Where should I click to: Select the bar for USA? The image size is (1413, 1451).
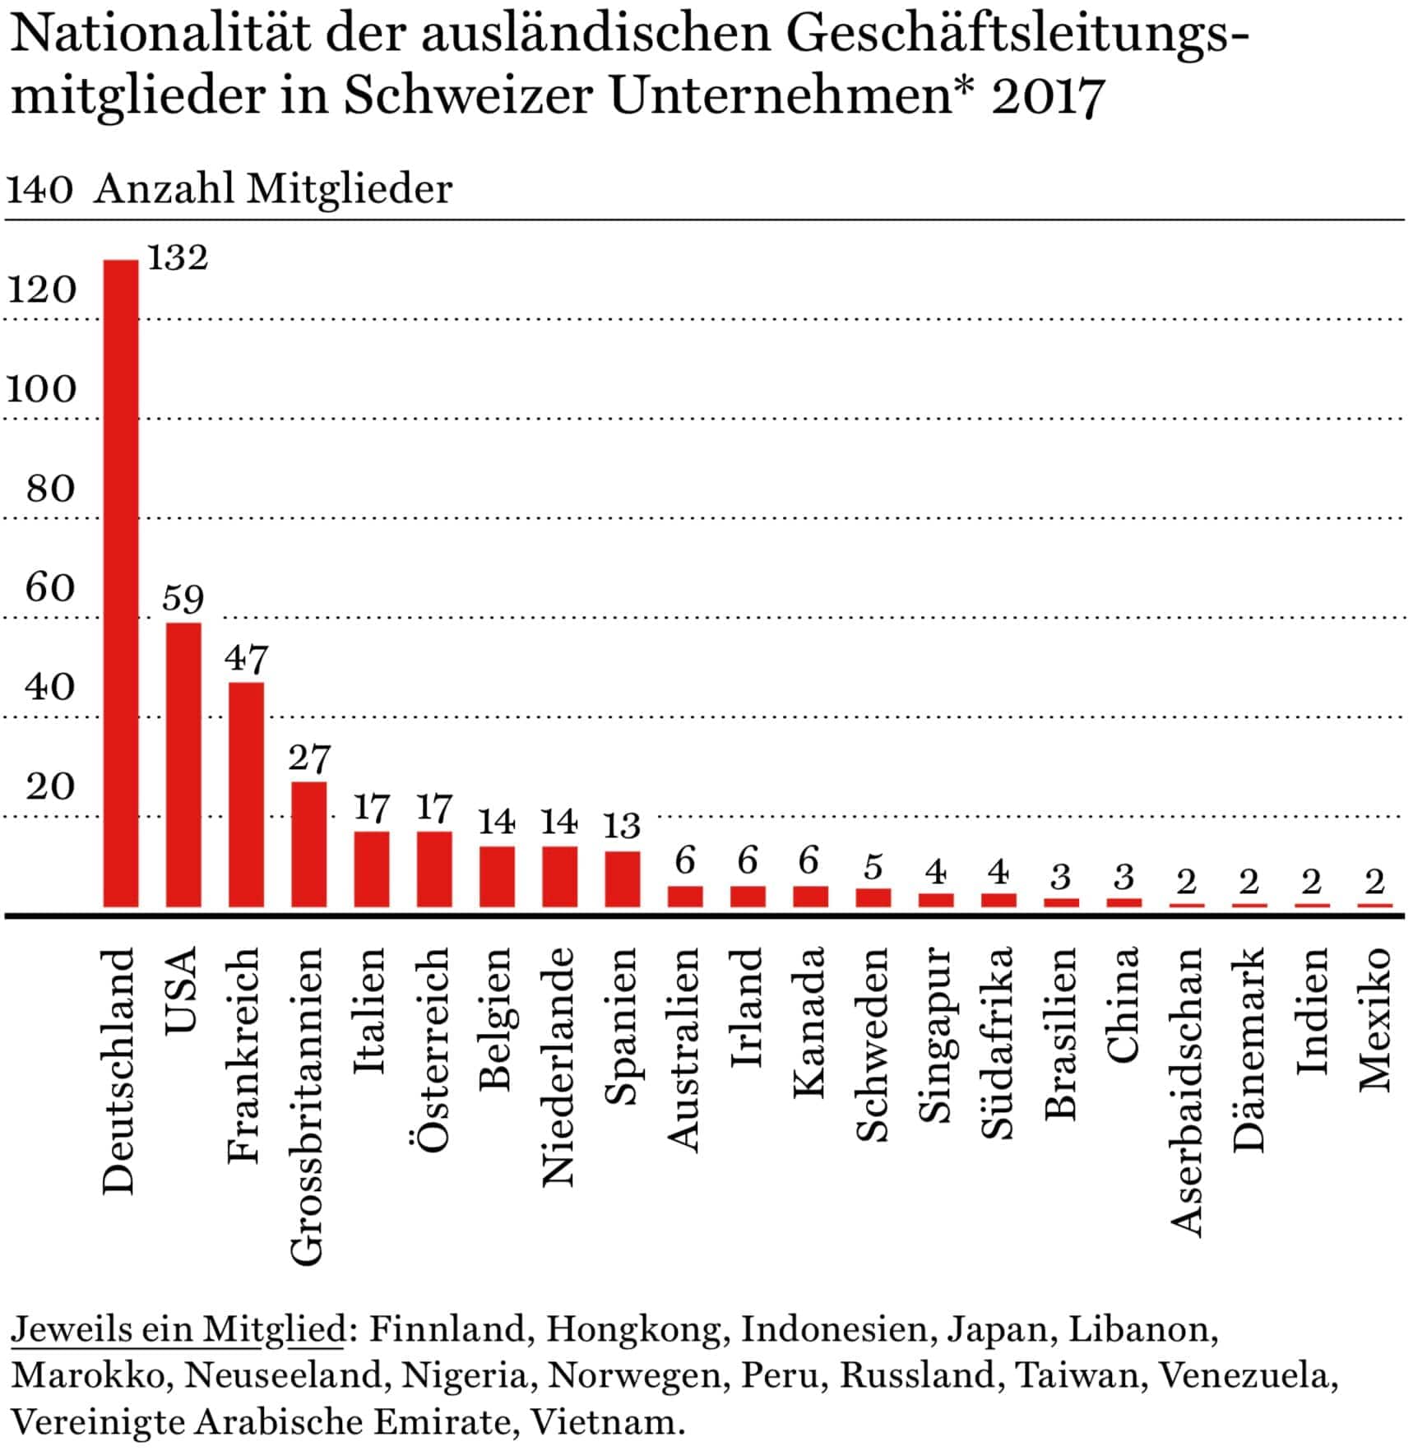pyautogui.click(x=183, y=764)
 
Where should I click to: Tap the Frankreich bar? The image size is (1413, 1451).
pyautogui.click(x=246, y=794)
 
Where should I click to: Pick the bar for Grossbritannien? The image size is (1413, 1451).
pyautogui.click(x=308, y=843)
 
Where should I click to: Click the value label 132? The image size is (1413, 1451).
pyautogui.click(x=178, y=257)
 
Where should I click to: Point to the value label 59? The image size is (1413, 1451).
pyautogui.click(x=183, y=598)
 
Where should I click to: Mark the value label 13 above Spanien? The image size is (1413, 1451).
pyautogui.click(x=622, y=825)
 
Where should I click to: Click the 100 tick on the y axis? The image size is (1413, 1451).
pyautogui.click(x=41, y=388)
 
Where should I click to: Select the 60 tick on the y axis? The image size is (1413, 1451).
pyautogui.click(x=49, y=587)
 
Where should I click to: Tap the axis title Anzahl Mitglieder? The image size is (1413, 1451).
pyautogui.click(x=273, y=188)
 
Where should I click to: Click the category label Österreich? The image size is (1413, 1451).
pyautogui.click(x=433, y=1050)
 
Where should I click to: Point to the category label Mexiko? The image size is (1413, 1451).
pyautogui.click(x=1374, y=1020)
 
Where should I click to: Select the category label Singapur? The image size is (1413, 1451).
pyautogui.click(x=935, y=1035)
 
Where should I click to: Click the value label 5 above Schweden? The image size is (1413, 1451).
pyautogui.click(x=873, y=867)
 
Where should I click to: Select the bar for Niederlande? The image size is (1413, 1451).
pyautogui.click(x=559, y=876)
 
